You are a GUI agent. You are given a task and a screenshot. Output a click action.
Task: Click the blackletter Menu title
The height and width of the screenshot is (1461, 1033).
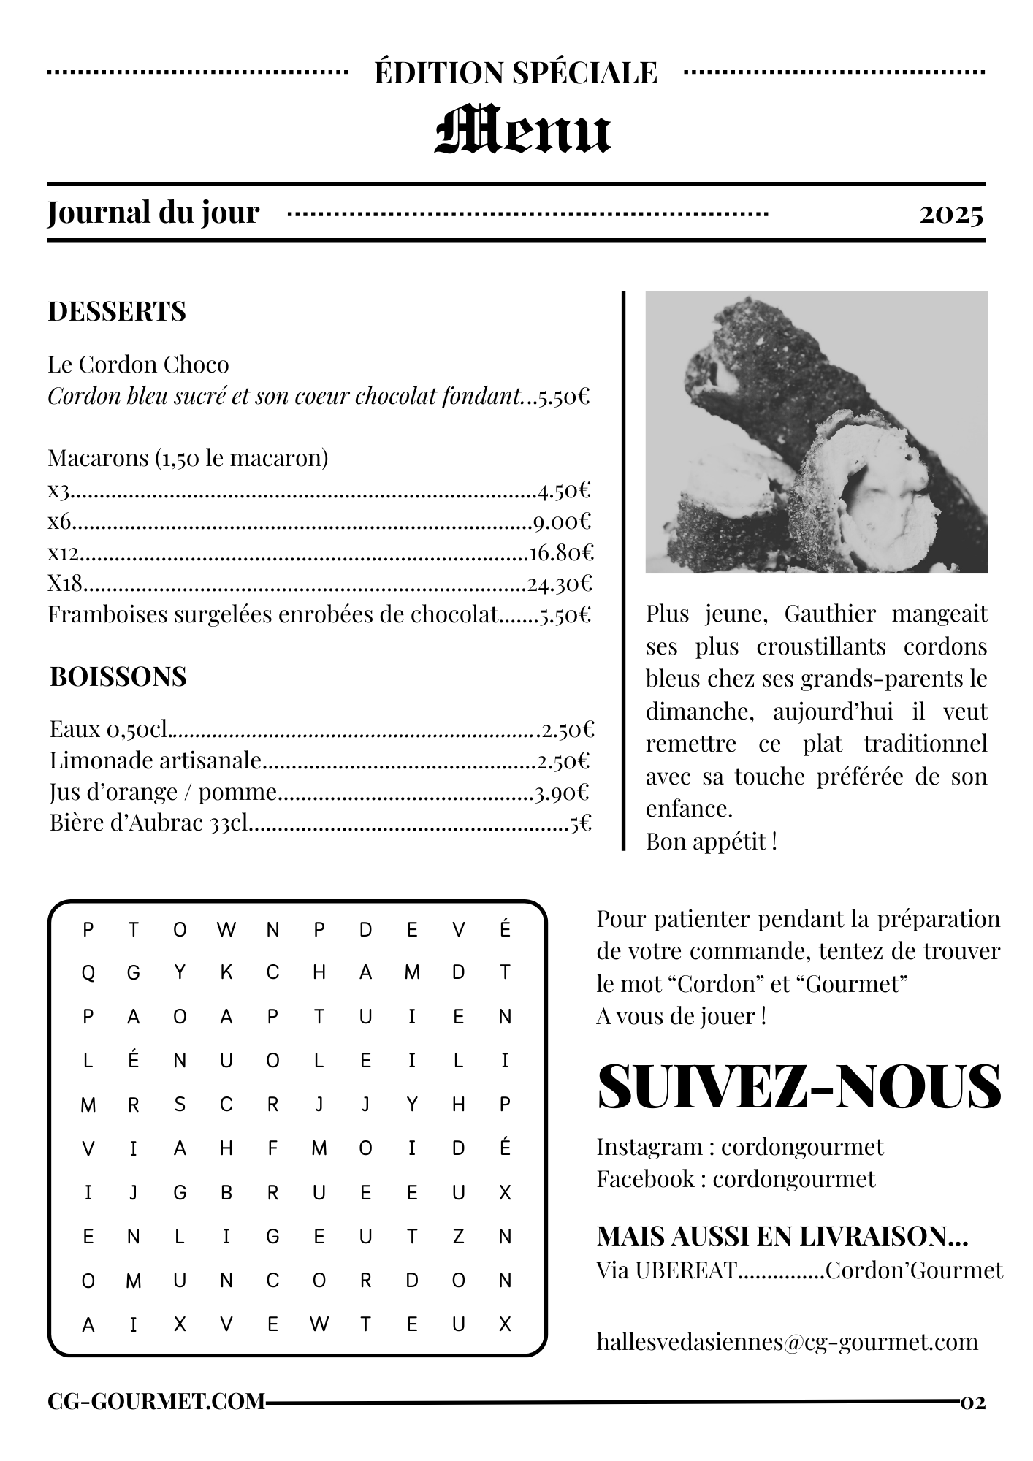(523, 130)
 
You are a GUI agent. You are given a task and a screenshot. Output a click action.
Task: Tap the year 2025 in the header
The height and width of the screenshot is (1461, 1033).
(951, 214)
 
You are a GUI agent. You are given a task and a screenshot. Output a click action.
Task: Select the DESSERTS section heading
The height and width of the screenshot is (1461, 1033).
(117, 311)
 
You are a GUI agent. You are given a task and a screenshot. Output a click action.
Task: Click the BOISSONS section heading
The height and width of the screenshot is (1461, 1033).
(118, 676)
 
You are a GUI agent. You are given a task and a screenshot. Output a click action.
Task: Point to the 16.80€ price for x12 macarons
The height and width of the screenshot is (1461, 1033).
(561, 552)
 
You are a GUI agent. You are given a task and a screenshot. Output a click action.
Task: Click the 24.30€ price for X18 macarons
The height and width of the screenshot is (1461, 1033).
(560, 584)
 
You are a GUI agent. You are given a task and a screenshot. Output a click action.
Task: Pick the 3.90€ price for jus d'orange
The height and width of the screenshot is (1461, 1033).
(561, 793)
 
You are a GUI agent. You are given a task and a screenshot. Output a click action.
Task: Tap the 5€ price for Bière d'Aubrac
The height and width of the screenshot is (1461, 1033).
(580, 824)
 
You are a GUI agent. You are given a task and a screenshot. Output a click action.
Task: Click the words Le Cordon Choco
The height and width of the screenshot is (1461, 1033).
(138, 364)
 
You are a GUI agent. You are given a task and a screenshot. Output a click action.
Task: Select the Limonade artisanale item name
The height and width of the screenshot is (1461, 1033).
(156, 760)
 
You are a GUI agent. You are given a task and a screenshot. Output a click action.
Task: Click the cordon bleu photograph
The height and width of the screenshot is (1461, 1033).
(816, 432)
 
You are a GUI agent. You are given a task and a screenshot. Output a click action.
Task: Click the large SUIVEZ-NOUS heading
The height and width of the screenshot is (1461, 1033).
(799, 1086)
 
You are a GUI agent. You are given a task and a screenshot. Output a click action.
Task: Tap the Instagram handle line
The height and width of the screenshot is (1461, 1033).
(739, 1147)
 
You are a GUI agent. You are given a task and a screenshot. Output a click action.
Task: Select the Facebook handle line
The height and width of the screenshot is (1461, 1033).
(735, 1178)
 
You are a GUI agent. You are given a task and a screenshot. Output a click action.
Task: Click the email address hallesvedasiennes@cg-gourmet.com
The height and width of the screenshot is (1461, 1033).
(787, 1341)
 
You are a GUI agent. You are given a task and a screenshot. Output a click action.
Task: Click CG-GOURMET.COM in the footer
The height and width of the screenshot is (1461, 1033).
(156, 1401)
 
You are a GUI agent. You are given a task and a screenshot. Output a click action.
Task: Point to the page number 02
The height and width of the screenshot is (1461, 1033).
(973, 1402)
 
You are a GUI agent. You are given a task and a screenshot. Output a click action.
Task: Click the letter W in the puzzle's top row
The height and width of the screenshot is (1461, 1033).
(226, 929)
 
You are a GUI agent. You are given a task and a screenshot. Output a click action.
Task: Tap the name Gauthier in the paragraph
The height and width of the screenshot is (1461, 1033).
(830, 614)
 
